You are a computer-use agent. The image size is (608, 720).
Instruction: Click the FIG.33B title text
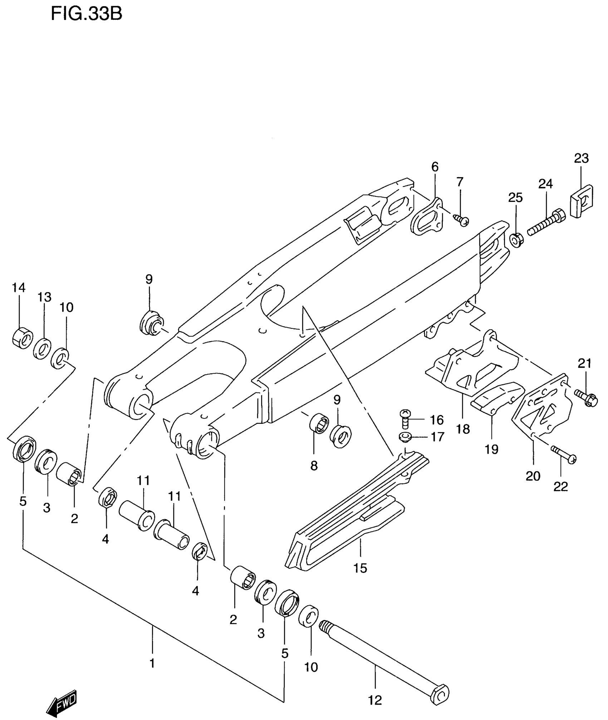(x=87, y=15)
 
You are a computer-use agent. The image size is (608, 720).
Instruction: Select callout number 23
(x=581, y=158)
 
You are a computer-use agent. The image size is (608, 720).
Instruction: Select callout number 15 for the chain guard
(x=360, y=568)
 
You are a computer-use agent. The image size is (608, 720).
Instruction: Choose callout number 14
(x=19, y=287)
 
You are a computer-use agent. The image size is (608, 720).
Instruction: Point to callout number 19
(x=492, y=449)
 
